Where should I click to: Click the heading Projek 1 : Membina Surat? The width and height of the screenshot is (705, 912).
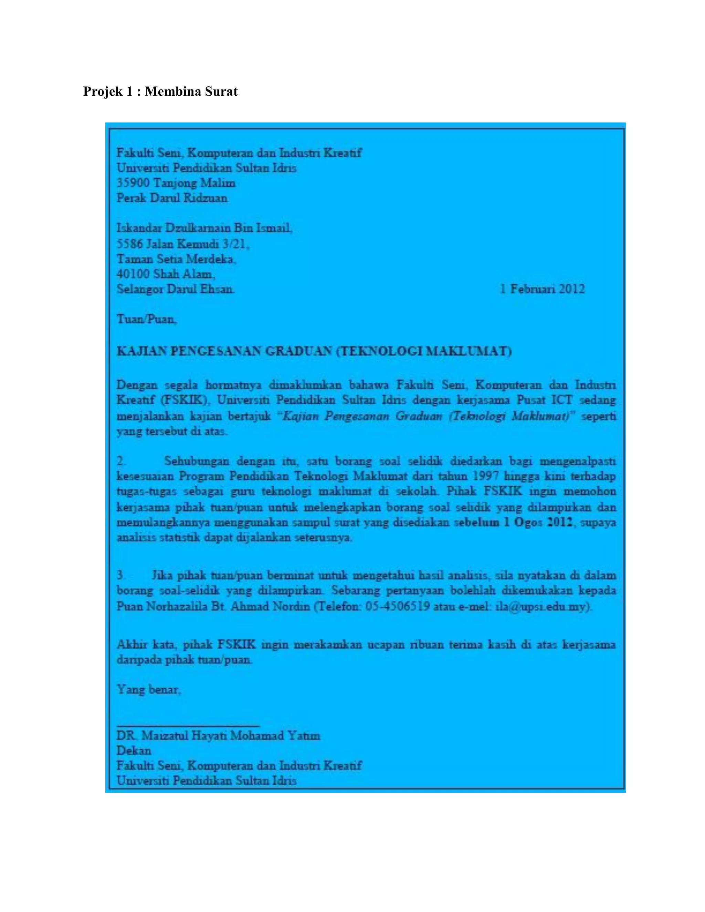(160, 92)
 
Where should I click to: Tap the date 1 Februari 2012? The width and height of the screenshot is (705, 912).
(542, 289)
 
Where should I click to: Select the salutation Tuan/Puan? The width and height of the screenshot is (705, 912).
(147, 319)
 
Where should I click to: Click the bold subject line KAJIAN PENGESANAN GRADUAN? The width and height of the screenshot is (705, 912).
(314, 351)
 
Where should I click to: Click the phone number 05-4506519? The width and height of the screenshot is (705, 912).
(397, 606)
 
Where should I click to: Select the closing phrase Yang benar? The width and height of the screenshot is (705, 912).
(149, 689)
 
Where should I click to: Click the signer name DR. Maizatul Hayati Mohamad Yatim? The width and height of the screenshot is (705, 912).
(218, 736)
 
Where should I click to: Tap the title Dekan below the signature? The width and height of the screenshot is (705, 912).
(134, 751)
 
